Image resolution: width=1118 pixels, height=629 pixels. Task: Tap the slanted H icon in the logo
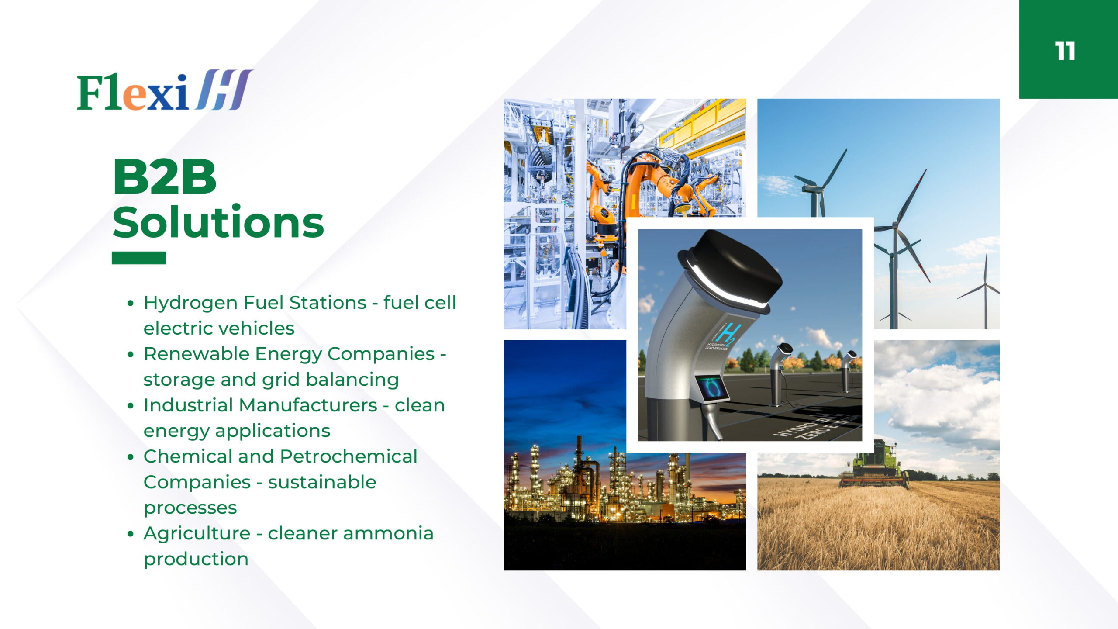pyautogui.click(x=224, y=89)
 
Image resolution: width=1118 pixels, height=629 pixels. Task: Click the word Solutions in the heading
pyautogui.click(x=218, y=222)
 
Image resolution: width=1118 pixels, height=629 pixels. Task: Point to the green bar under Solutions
pyautogui.click(x=138, y=258)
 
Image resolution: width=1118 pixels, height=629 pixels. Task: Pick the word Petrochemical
pyautogui.click(x=349, y=456)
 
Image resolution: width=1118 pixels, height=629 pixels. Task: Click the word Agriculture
pyautogui.click(x=197, y=534)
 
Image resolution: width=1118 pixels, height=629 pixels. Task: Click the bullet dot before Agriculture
pyautogui.click(x=130, y=534)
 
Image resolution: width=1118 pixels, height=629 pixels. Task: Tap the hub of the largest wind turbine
pyautogui.click(x=895, y=225)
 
